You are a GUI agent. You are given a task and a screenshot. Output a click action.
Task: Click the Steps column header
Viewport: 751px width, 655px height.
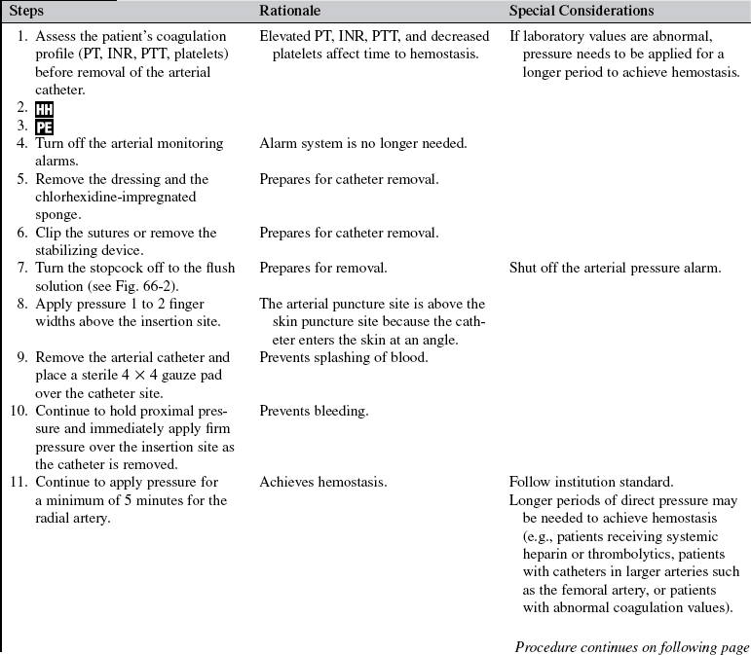click(27, 11)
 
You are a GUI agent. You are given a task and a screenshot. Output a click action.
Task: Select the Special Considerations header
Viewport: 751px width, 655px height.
click(582, 11)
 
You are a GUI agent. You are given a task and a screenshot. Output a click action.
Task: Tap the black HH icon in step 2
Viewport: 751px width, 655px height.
click(44, 109)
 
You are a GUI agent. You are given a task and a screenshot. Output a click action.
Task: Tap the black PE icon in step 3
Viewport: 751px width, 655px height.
click(44, 127)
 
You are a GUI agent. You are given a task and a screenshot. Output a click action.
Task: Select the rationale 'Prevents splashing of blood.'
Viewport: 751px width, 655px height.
click(344, 357)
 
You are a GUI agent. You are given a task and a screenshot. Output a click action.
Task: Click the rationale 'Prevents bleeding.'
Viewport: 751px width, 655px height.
click(314, 411)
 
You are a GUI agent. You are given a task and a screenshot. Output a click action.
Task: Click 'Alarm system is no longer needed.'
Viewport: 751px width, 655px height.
click(363, 143)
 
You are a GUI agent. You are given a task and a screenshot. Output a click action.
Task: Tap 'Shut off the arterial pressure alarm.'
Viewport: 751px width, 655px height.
click(615, 268)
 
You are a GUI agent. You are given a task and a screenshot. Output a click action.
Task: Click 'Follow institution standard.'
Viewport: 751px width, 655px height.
click(590, 483)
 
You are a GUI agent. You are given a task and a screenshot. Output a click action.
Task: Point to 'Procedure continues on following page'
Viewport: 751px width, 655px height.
click(631, 646)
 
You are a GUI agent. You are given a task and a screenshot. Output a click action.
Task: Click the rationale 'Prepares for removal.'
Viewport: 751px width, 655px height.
click(323, 268)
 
